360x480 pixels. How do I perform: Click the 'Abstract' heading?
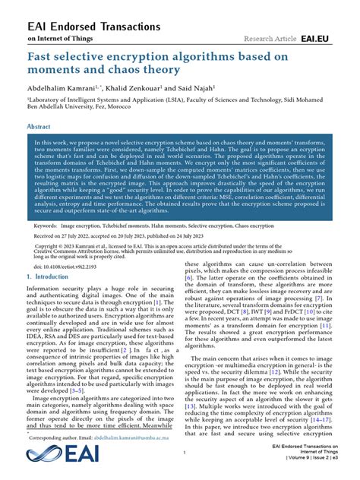(x=39, y=128)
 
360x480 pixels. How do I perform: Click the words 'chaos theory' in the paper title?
(x=144, y=70)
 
